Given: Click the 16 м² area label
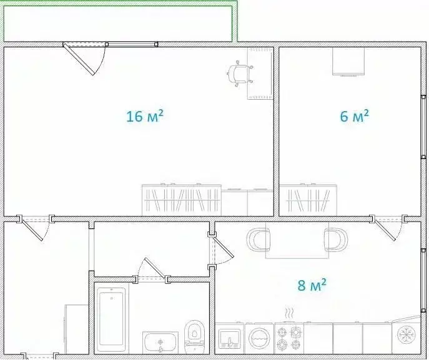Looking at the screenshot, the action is [x=145, y=116].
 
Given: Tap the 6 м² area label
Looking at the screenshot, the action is [x=354, y=116].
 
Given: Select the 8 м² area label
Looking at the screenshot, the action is [x=312, y=285].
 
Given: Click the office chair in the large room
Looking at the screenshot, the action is [x=239, y=74].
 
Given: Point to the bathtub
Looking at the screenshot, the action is [x=111, y=318].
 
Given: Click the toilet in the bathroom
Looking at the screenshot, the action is [x=194, y=337].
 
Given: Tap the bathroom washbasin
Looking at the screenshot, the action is [x=160, y=343].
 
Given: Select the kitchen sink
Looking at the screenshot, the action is [x=230, y=339].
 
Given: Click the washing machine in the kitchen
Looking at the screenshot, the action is [x=259, y=338].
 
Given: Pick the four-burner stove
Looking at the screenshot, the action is [x=289, y=338].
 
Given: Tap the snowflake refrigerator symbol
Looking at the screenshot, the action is [x=407, y=334].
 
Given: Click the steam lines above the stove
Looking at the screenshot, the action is [x=289, y=313].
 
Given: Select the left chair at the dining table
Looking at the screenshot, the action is [x=259, y=240].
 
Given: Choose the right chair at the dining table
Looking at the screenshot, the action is [x=336, y=240].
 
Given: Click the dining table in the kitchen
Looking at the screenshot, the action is [x=297, y=240].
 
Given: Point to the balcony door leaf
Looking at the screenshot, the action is [x=79, y=59].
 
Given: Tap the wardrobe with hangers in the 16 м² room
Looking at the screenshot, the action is [x=182, y=200].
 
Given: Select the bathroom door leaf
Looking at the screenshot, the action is [x=155, y=268].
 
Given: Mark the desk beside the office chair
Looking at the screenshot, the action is [x=260, y=74].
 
